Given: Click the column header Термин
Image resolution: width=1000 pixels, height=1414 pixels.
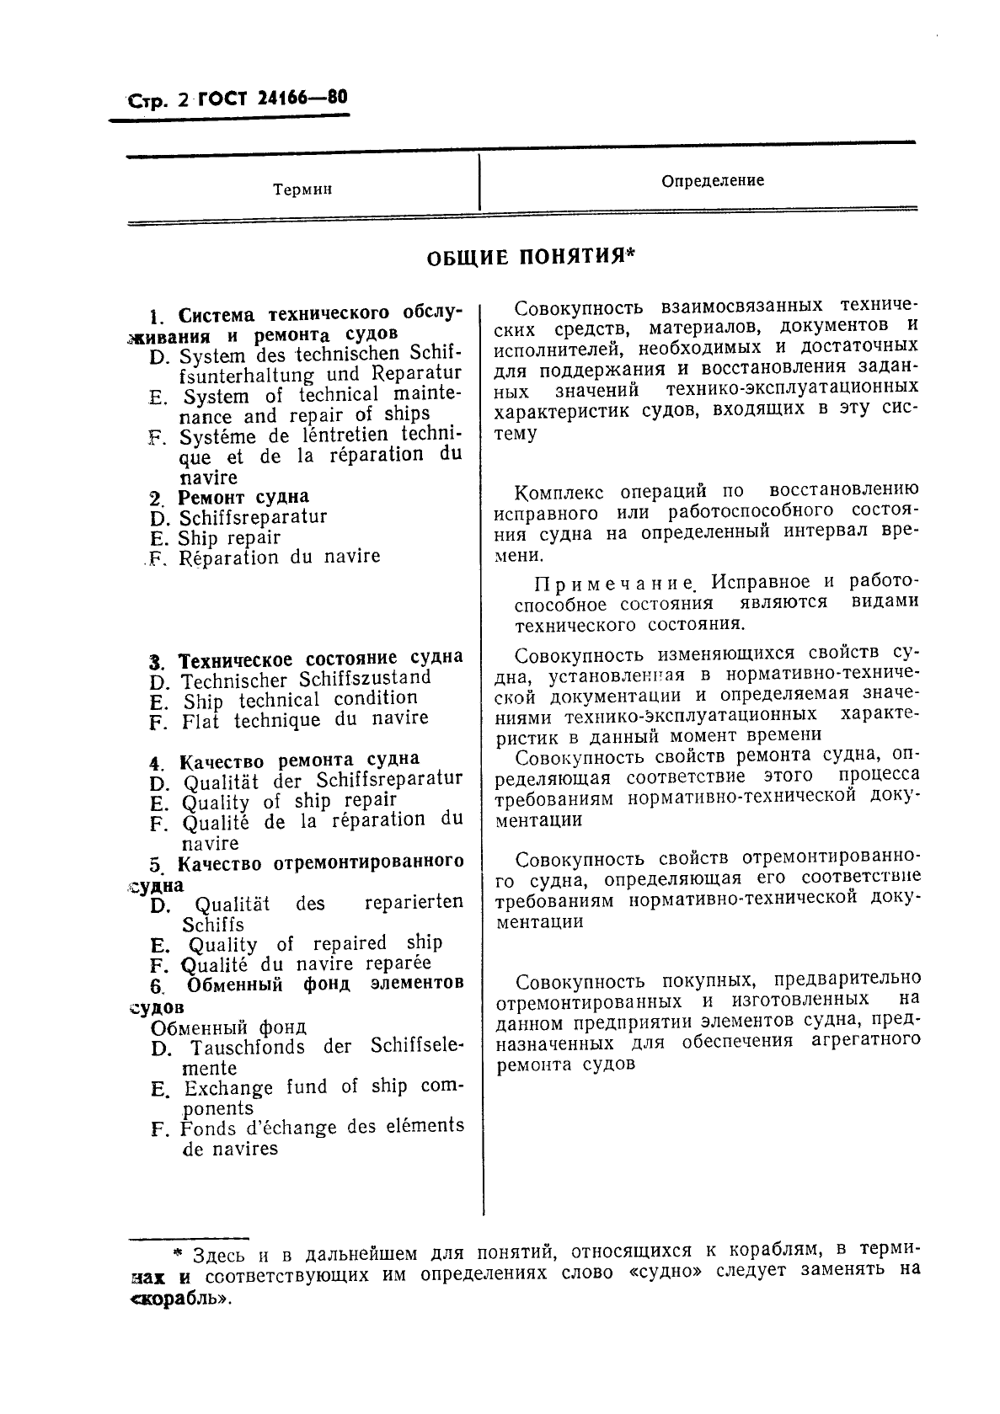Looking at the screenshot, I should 302,189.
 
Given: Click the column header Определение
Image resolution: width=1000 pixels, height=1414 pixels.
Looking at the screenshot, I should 712,180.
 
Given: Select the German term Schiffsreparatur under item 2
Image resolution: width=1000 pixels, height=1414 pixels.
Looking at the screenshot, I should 253,517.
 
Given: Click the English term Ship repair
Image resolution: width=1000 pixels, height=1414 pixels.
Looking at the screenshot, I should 229,537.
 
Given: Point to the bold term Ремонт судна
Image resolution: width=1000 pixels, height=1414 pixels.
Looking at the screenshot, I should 243,497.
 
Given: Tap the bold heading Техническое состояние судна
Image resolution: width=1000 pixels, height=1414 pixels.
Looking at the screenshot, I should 322,658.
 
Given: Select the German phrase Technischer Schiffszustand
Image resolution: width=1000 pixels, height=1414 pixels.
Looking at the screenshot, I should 307,679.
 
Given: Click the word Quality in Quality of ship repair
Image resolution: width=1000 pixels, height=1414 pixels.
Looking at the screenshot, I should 216,803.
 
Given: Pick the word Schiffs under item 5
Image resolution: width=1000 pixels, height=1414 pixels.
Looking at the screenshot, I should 213,924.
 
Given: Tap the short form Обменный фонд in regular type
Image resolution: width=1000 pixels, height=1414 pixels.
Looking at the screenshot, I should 228,1027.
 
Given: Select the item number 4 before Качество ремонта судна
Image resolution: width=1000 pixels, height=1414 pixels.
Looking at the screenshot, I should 156,763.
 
